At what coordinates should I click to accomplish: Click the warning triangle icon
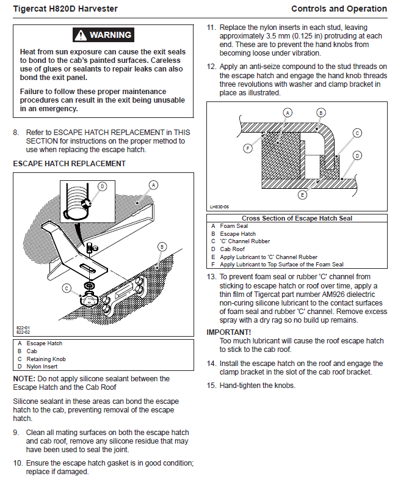click(x=81, y=35)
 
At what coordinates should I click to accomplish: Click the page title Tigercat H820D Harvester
click(x=65, y=9)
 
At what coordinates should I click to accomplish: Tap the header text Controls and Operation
click(x=339, y=9)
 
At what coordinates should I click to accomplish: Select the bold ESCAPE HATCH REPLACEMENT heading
click(x=69, y=164)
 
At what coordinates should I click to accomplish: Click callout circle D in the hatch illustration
click(x=102, y=186)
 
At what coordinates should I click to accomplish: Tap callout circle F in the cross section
click(x=248, y=148)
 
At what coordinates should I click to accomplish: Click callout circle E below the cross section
click(x=302, y=196)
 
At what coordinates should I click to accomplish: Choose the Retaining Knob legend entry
click(x=46, y=359)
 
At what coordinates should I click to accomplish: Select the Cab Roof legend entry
click(x=233, y=249)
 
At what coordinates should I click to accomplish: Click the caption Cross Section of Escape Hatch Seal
click(x=297, y=218)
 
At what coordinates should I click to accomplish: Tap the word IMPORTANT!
click(x=228, y=332)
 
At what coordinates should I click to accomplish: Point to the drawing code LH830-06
click(x=219, y=207)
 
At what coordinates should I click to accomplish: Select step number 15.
click(x=211, y=386)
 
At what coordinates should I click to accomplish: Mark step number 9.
click(x=16, y=433)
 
